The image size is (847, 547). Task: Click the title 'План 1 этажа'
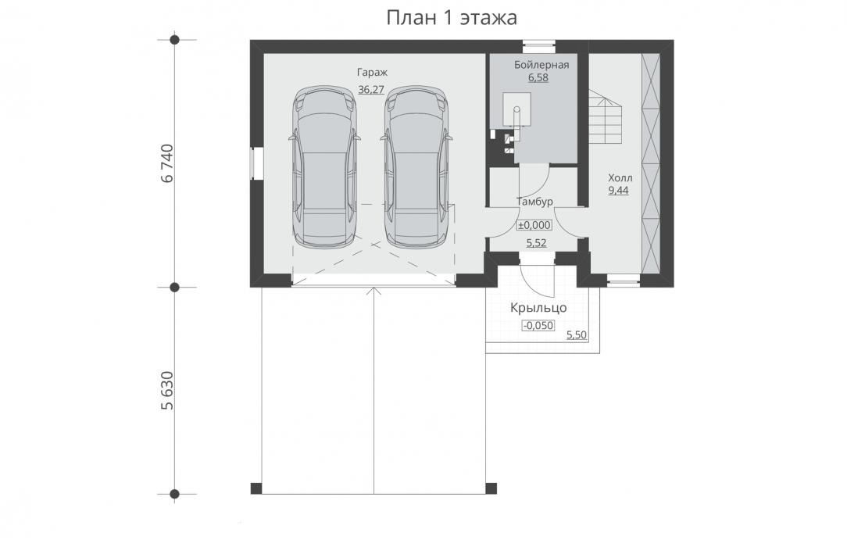pos(452,18)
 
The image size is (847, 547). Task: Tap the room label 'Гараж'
pos(372,73)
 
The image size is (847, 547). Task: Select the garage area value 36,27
pos(371,90)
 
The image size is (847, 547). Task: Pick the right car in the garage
pos(417,167)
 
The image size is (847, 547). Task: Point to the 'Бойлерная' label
pos(541,65)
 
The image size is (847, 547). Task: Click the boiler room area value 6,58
pos(538,78)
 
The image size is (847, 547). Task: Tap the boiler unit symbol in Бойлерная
pos(516,116)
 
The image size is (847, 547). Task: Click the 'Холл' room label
pos(620,177)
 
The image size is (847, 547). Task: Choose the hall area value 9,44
pos(619,191)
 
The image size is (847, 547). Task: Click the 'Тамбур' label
pos(534,202)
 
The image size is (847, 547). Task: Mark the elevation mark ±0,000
pos(534,225)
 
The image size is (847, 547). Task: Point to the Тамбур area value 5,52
pos(536,243)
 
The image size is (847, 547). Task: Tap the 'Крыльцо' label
pos(538,308)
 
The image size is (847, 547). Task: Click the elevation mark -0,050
pos(538,326)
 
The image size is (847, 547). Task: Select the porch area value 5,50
pos(577,334)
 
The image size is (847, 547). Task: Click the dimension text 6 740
pos(167,163)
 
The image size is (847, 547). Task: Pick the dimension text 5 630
pos(167,391)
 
